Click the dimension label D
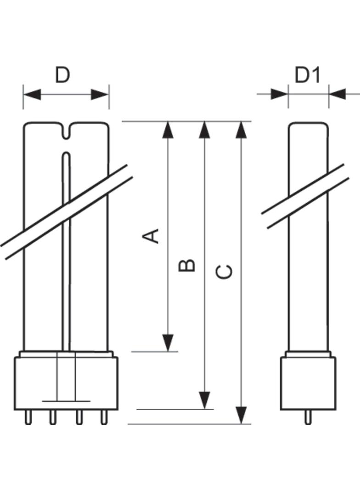pyautogui.click(x=62, y=75)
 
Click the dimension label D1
pyautogui.click(x=308, y=75)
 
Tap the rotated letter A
pyautogui.click(x=151, y=236)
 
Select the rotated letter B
pyautogui.click(x=187, y=265)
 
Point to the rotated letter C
pyautogui.click(x=224, y=272)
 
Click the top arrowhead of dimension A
pyautogui.click(x=168, y=129)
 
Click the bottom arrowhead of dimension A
pyautogui.click(x=168, y=343)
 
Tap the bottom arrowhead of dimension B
pyautogui.click(x=204, y=400)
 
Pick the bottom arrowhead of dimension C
pyautogui.click(x=241, y=416)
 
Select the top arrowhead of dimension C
pyautogui.click(x=241, y=129)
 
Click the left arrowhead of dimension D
pyautogui.click(x=32, y=94)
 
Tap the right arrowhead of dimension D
pyautogui.click(x=100, y=94)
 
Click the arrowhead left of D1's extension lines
pyautogui.click(x=280, y=94)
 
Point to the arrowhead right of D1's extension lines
pyautogui.click(x=337, y=94)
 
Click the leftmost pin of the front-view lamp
pyautogui.click(x=28, y=417)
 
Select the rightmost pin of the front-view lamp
pyautogui.click(x=104, y=417)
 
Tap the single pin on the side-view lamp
pyautogui.click(x=308, y=417)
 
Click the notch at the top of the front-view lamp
pyautogui.click(x=66, y=131)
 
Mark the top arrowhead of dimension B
pyautogui.click(x=204, y=129)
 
